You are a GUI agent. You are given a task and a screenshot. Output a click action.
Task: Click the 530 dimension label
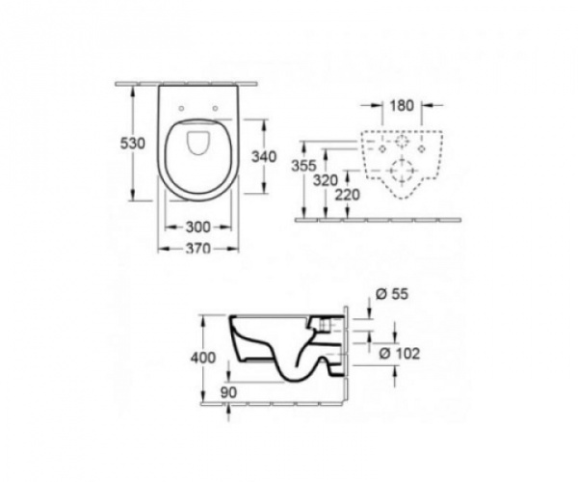click(133, 143)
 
